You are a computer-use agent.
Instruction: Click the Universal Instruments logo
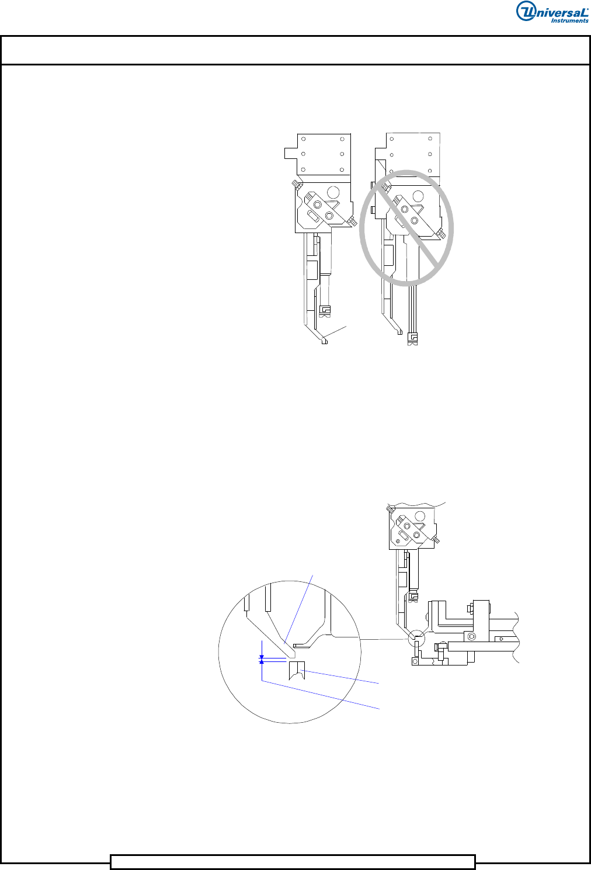tap(552, 12)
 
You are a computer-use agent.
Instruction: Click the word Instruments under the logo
tap(569, 20)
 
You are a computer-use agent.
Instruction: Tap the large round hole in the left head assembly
tap(333, 192)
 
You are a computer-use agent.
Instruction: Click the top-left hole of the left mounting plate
tap(304, 139)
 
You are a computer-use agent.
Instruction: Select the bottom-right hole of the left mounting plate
tap(342, 169)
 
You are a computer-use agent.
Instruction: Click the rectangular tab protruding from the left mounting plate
tap(291, 152)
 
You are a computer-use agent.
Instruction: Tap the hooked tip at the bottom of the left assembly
tap(324, 341)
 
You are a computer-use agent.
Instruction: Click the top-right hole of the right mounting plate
tap(430, 138)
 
